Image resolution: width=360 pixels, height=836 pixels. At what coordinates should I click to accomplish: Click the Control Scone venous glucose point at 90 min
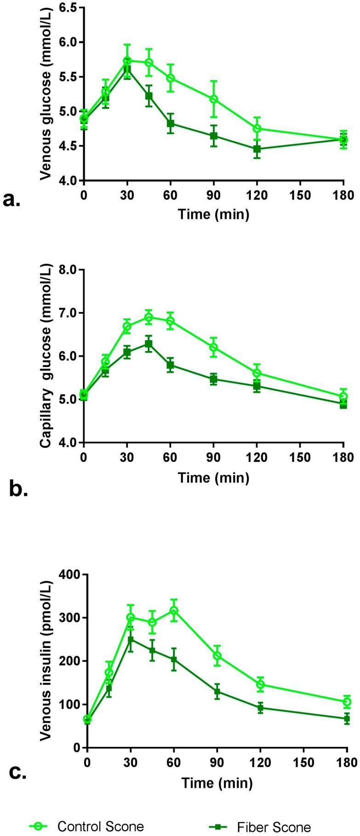pyautogui.click(x=213, y=99)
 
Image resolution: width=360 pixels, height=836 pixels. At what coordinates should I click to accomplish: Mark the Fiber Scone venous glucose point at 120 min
pyautogui.click(x=257, y=149)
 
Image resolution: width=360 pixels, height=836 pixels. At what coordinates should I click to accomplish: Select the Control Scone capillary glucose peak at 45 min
pyautogui.click(x=149, y=317)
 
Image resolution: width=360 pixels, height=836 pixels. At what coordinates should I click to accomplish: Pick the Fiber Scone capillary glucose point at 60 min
pyautogui.click(x=170, y=365)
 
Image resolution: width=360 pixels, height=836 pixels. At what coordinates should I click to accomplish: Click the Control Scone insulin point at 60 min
pyautogui.click(x=174, y=610)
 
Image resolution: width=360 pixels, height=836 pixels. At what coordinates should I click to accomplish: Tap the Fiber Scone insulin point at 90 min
pyautogui.click(x=217, y=691)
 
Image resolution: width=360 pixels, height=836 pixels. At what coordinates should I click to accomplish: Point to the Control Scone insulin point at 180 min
pyautogui.click(x=347, y=701)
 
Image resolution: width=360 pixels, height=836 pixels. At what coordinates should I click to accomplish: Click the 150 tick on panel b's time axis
pyautogui.click(x=300, y=457)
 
